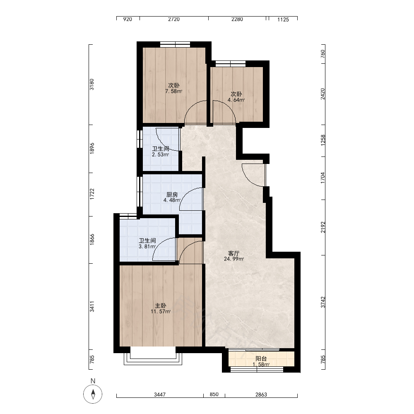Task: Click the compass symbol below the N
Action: pos(93,394)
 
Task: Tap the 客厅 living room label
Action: pos(233,253)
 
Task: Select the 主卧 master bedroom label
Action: pos(161,306)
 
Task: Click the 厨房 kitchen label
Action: pos(172,195)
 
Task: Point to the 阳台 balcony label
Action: pos(261,359)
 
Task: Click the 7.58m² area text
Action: pos(174,91)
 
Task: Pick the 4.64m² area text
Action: pos(236,100)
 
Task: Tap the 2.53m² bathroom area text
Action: pos(160,155)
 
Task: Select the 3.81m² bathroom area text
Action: pos(147,247)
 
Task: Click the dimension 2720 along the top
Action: pos(174,19)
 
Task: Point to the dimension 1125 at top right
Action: pos(283,19)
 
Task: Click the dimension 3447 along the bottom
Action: pos(160,395)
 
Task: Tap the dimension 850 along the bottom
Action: pos(214,394)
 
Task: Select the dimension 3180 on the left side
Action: pos(91,84)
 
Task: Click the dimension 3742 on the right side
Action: pos(323,302)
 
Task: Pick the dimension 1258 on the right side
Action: pos(323,140)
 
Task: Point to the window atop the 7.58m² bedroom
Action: pos(175,44)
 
